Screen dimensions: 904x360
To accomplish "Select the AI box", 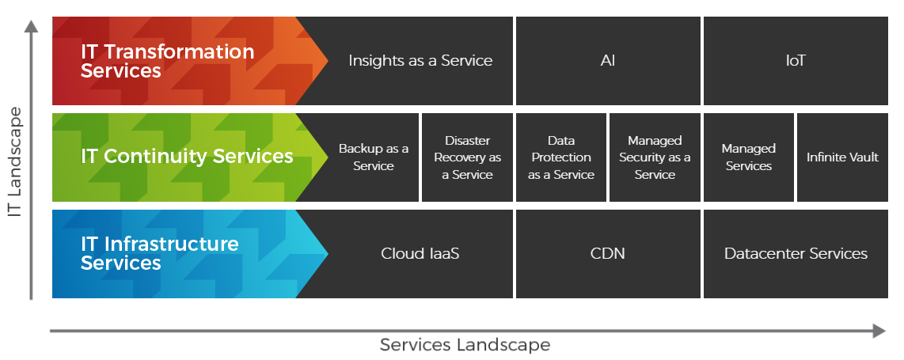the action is (608, 60).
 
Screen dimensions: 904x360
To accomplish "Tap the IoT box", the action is (796, 60).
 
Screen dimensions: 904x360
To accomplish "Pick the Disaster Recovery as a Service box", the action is (467, 157).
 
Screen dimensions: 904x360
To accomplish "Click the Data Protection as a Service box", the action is (561, 157).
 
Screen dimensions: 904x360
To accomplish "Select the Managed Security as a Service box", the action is (655, 157).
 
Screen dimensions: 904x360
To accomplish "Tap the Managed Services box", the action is (748, 157).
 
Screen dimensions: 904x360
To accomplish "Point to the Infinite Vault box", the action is (842, 157).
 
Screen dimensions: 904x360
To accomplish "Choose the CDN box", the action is (608, 253).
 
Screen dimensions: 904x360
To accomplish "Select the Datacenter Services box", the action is (796, 253).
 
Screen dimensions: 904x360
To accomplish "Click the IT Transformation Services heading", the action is (167, 60).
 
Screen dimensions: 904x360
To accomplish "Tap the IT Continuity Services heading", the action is (187, 157).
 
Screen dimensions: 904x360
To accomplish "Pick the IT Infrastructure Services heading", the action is (159, 253).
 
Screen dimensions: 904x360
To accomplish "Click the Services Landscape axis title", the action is (465, 345).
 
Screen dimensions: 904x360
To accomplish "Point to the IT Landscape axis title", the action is (15, 162).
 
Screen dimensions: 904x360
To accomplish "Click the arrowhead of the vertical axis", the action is (31, 26).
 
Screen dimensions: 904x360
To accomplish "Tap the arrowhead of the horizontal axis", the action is (879, 331).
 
